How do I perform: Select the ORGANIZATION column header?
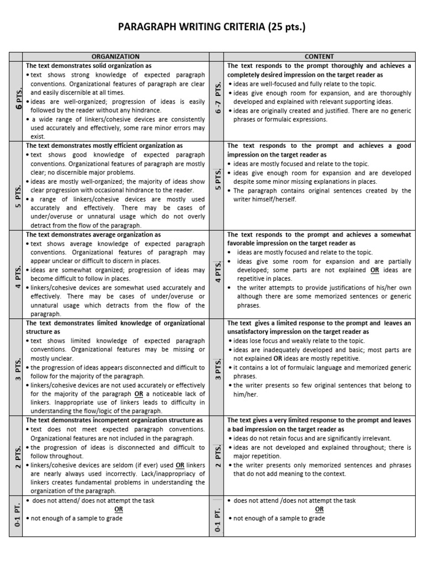[115, 56]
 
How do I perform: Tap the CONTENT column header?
[319, 56]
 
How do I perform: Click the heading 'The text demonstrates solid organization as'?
[89, 65]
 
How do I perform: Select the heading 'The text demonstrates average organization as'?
[93, 234]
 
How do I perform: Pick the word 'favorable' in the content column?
[243, 243]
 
